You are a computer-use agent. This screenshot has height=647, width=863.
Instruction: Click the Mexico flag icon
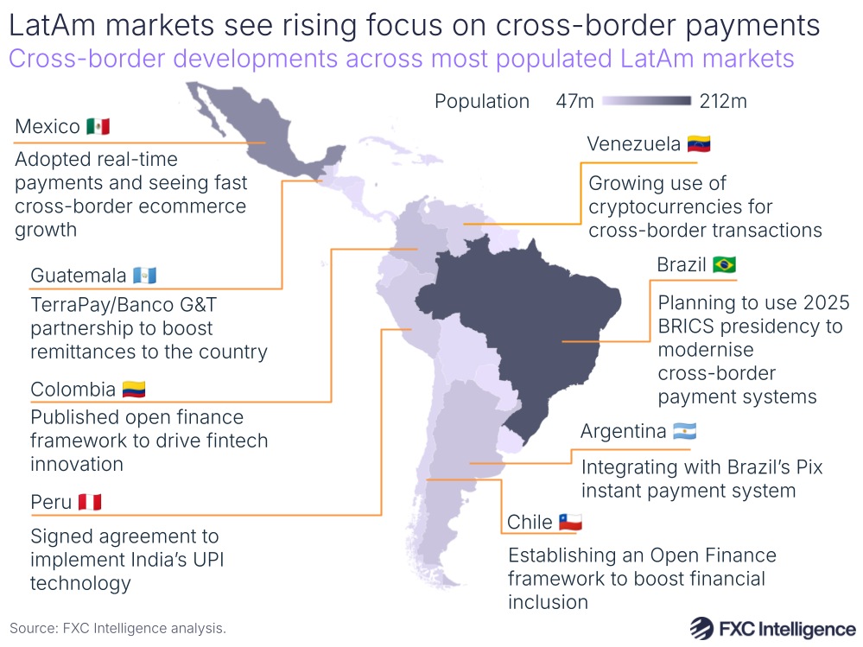pos(98,127)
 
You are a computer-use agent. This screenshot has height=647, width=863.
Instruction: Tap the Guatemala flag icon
pos(145,276)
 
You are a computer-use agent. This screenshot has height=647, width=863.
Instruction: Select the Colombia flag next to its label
pos(133,390)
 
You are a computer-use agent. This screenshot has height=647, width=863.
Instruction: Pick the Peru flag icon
pos(90,502)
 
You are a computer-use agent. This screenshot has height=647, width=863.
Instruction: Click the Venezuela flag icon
pos(699,143)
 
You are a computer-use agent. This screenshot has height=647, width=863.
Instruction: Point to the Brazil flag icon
pos(724,264)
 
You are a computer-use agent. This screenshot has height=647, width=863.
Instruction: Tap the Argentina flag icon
pos(684,431)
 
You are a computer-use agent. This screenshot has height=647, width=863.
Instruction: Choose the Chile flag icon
pos(570,522)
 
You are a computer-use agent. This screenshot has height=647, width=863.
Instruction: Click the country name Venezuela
pos(633,143)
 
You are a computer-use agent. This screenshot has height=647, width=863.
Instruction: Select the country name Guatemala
pos(78,276)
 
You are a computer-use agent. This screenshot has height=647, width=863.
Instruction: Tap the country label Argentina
pos(623,431)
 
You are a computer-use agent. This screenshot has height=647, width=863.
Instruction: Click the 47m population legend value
pos(574,102)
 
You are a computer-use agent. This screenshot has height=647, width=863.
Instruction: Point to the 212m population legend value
pos(723,102)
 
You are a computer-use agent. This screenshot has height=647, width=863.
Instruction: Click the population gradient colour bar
pos(647,102)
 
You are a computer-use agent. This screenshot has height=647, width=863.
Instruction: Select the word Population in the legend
pos(481,102)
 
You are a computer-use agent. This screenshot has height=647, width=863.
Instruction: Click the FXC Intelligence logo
pos(773,628)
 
